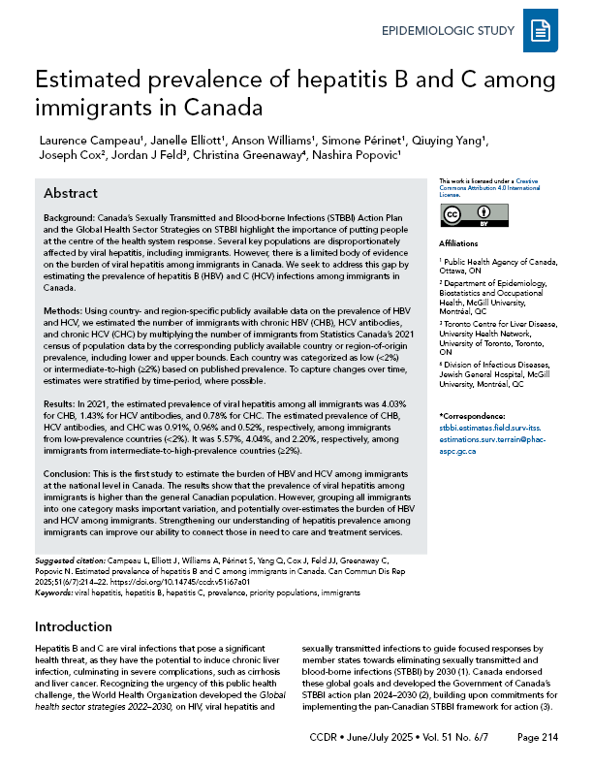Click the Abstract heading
coord(71,193)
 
